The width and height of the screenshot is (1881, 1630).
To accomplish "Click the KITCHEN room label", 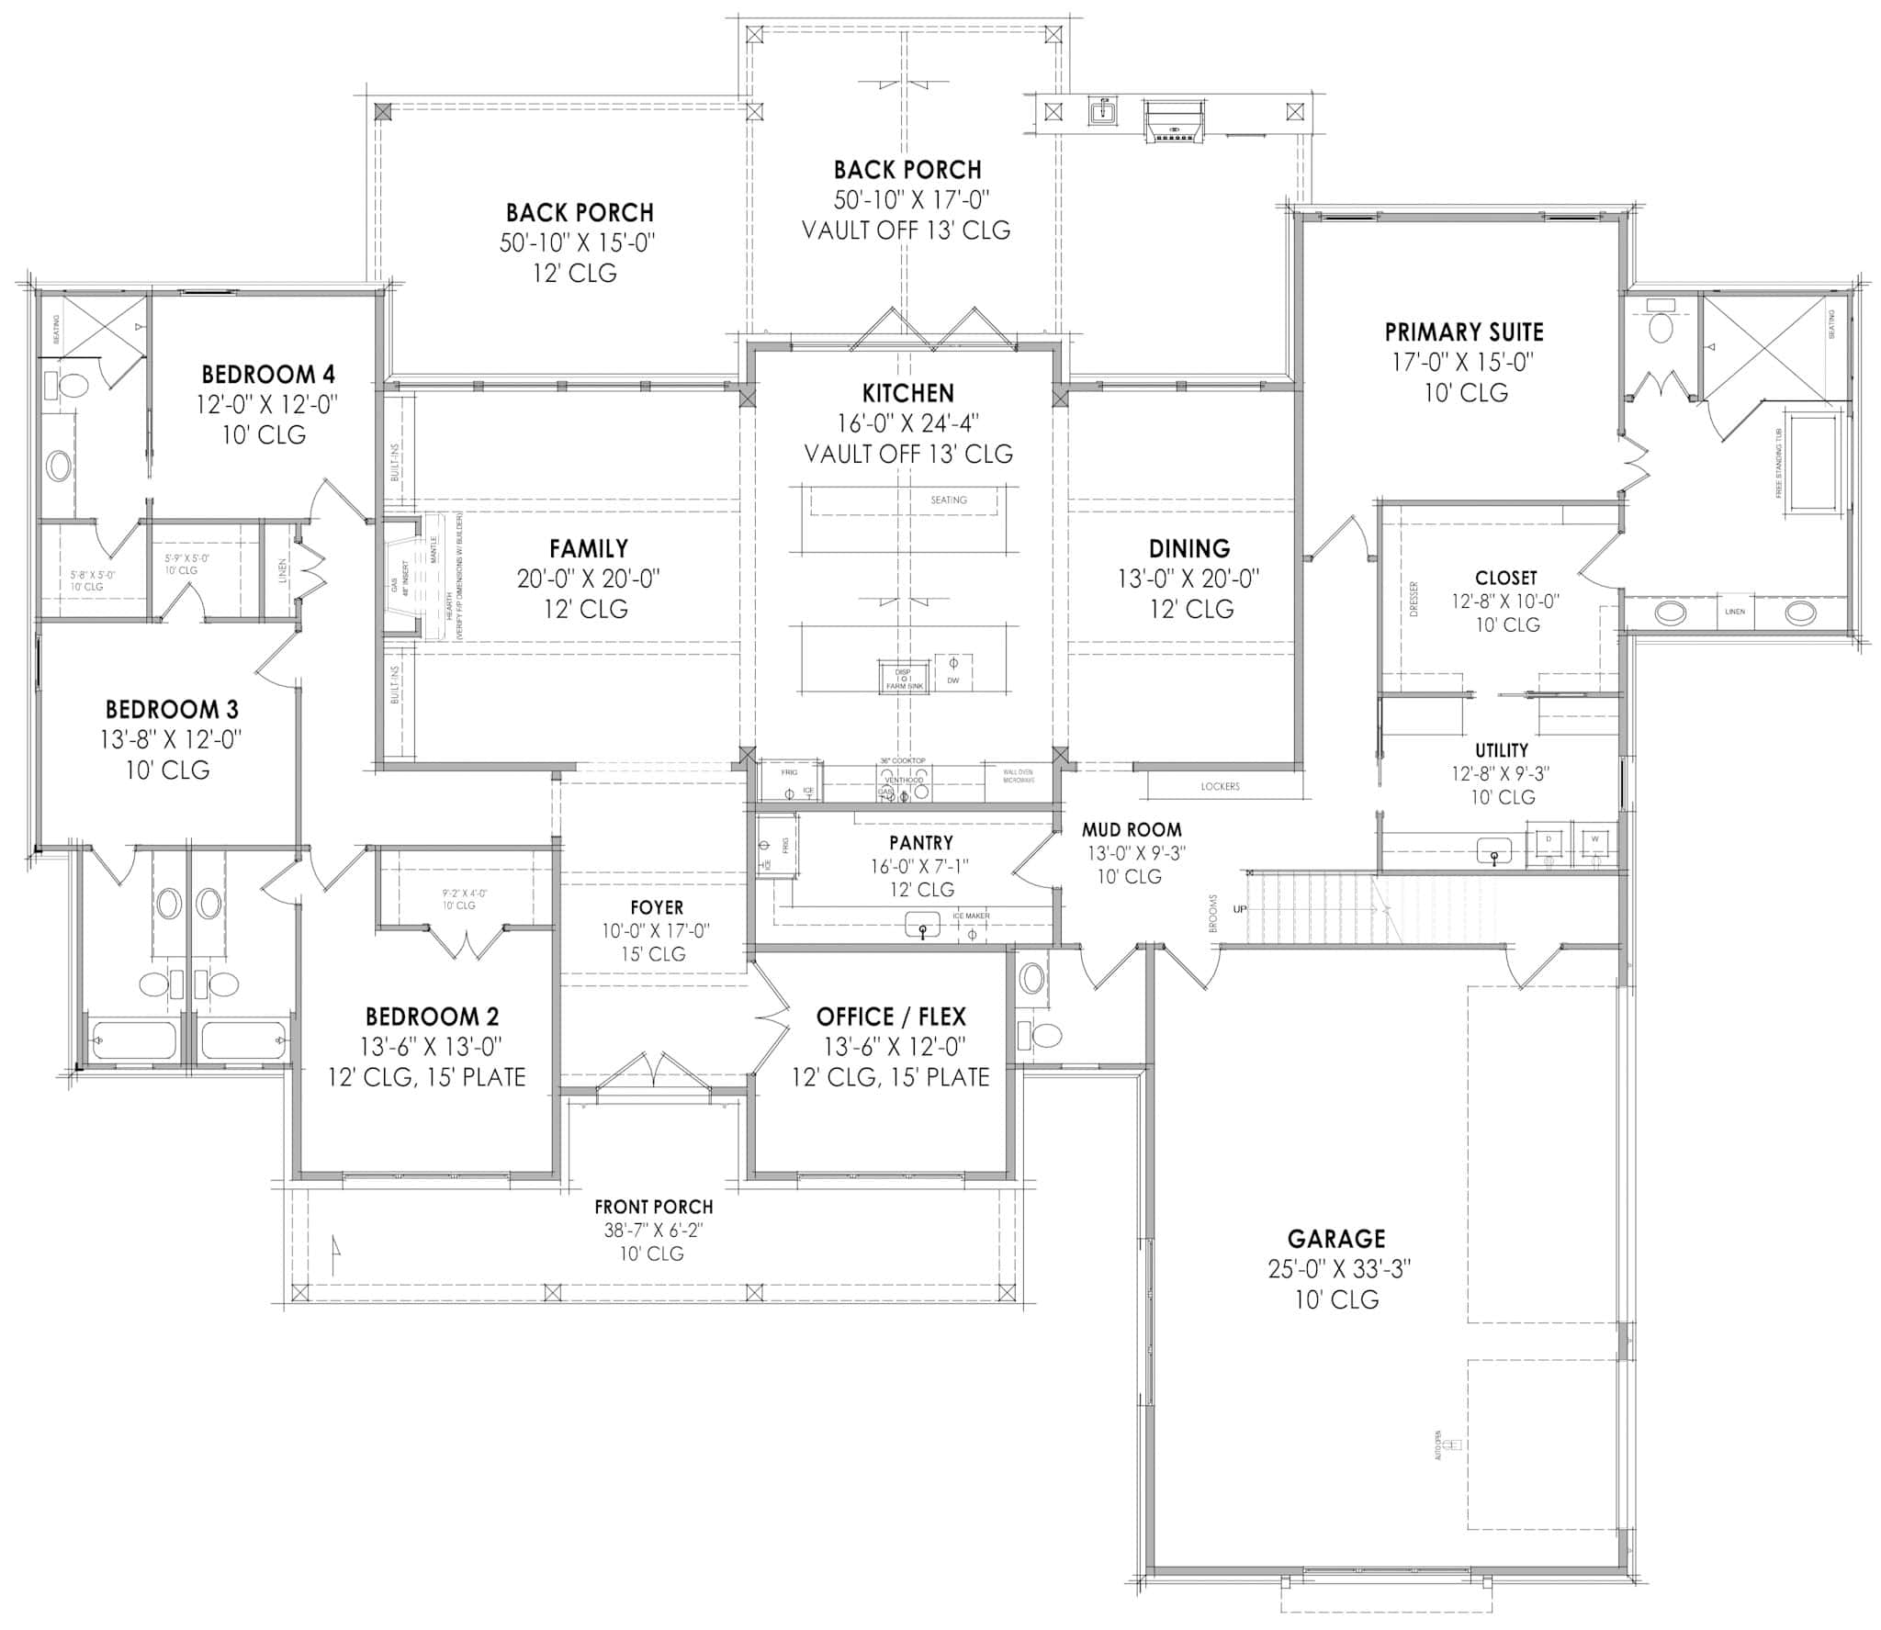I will click(x=907, y=393).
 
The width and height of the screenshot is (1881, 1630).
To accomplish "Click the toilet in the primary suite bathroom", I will click(x=1661, y=326).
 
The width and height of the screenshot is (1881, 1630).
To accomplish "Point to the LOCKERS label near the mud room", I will click(x=1220, y=786).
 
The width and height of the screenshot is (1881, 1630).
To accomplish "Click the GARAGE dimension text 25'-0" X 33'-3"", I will click(x=1338, y=1269).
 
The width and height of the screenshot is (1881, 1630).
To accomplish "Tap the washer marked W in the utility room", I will click(x=1594, y=840).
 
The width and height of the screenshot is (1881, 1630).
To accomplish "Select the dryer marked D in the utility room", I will click(x=1549, y=840).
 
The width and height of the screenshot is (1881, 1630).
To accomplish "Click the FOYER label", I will click(x=656, y=908).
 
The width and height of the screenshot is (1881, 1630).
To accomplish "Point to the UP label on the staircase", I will click(x=1240, y=909).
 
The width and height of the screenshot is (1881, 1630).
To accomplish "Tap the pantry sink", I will click(x=922, y=925).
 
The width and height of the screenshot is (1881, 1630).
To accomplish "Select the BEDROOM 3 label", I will click(x=172, y=709).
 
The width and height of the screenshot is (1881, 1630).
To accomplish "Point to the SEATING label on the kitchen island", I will click(x=948, y=500).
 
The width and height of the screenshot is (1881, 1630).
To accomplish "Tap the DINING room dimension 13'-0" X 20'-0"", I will click(x=1188, y=579).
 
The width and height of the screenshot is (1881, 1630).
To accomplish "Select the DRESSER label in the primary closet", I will click(x=1414, y=599).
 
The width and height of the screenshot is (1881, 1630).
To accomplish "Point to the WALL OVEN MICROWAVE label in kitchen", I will click(x=1018, y=776).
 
